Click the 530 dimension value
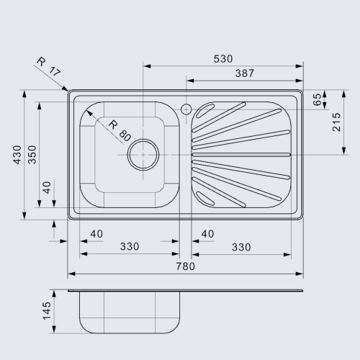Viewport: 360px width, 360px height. pyautogui.click(x=223, y=59)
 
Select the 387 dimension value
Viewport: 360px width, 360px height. pyautogui.click(x=245, y=73)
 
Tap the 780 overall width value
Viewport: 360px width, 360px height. pyautogui.click(x=186, y=266)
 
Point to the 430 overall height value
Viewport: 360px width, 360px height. pyautogui.click(x=17, y=155)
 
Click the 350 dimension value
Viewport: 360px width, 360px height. pyautogui.click(x=32, y=155)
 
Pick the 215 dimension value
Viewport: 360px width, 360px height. pyautogui.click(x=336, y=122)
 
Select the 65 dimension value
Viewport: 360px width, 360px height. pyautogui.click(x=317, y=99)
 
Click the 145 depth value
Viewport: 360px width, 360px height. pyautogui.click(x=47, y=311)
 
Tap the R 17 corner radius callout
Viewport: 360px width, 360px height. pyautogui.click(x=49, y=66)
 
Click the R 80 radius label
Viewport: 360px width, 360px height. pyautogui.click(x=120, y=131)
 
